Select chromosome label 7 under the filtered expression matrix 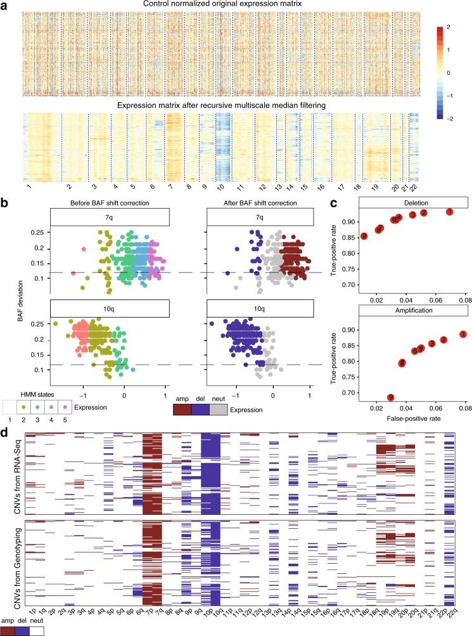pyautogui.click(x=169, y=188)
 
